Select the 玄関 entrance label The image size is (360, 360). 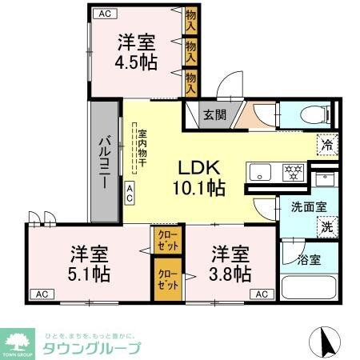tap(214, 115)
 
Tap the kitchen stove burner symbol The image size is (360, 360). tap(293, 170)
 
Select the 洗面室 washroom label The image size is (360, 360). tap(308, 206)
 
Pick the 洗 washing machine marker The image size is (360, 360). tap(326, 226)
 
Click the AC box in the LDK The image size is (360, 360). tap(129, 190)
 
